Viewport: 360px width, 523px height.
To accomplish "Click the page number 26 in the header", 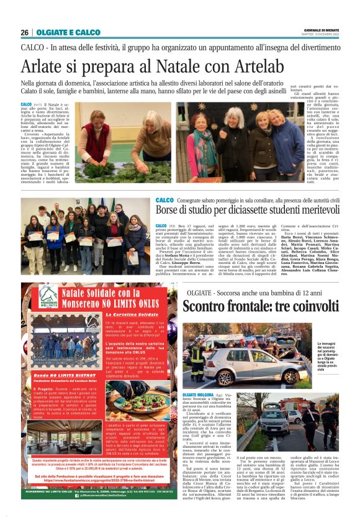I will (25, 32).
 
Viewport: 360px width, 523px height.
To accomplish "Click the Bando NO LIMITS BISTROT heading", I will (58, 376).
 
